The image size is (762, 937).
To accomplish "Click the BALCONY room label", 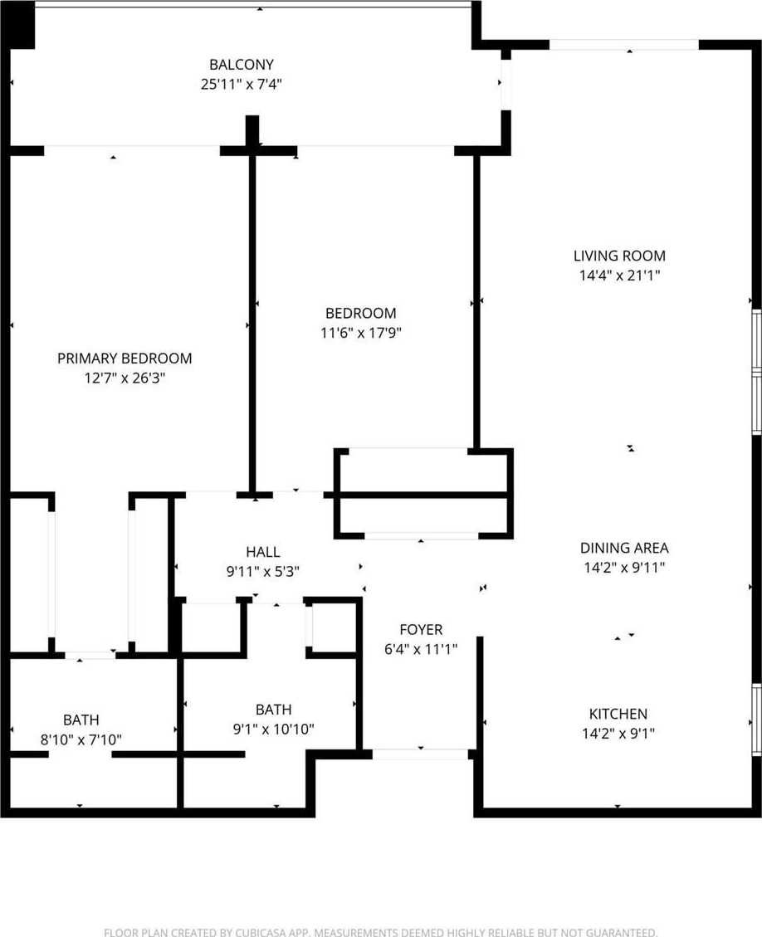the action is pos(242,65).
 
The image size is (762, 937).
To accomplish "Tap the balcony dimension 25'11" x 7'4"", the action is pos(241,85).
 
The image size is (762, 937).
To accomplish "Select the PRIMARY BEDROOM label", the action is pos(125,359).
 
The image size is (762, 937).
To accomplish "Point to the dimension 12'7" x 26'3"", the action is pos(125,378).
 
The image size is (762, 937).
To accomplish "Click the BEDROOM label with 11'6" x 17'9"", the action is pos(360,313).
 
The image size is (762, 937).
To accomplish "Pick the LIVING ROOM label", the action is pos(619,256).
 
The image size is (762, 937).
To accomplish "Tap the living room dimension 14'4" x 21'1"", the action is pos(619,276).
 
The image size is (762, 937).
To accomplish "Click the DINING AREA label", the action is pos(624,548).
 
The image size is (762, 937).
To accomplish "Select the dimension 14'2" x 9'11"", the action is pos(624,568).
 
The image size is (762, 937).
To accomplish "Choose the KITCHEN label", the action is pos(618,714).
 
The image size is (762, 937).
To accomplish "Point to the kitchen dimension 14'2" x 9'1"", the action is pos(618,734).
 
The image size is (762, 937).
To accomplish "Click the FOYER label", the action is pos(421,630).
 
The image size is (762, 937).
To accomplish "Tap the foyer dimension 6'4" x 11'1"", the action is pos(421,650).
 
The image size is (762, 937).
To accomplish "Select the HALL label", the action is pos(263,552).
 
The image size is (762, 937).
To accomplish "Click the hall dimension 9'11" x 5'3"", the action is pos(263,572).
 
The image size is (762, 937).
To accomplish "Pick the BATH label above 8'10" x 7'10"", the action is pos(81,720).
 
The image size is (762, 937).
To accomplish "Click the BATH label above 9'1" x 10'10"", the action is pos(274,710).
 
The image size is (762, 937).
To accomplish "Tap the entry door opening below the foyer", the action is pos(420,754).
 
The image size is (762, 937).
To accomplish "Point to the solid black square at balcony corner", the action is pos(22,26).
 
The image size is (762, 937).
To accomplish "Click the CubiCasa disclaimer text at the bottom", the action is pos(381,932).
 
